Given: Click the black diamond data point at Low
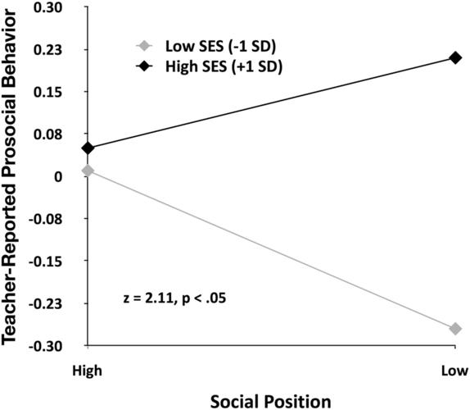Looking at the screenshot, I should click(455, 57).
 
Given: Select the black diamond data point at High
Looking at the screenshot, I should click(88, 148).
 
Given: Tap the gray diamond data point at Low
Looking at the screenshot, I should click(455, 329).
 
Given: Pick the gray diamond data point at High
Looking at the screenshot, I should click(88, 171).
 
